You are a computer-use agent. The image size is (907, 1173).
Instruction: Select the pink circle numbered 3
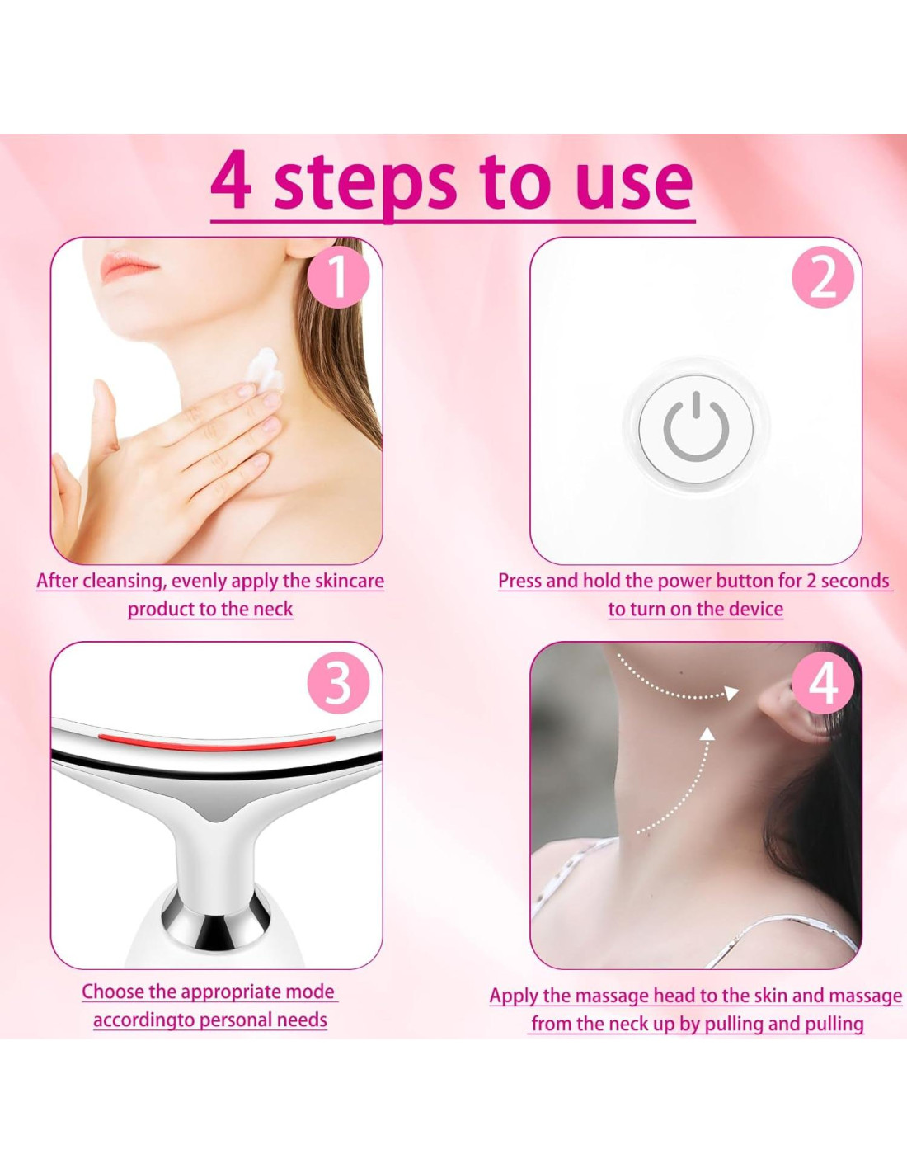click(338, 685)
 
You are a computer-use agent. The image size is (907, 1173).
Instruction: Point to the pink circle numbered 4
click(823, 685)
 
